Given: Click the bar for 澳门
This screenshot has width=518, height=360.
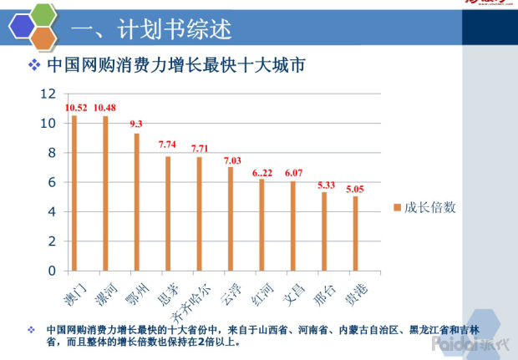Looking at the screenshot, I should coord(74,193).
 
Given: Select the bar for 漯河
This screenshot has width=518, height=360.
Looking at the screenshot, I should coord(105,193).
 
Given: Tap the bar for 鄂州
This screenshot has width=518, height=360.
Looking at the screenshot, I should coord(136,202).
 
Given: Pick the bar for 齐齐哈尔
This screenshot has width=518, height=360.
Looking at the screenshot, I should coord(199,214).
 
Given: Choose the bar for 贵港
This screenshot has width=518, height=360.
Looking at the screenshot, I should coord(355,233).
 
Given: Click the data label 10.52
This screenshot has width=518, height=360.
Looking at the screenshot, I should coord(75,107).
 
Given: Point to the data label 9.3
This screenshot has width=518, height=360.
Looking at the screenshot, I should coord(136,124).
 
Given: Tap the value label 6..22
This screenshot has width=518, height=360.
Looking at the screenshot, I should coord(262,171).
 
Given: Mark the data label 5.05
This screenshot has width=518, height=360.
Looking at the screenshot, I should coord(355,189).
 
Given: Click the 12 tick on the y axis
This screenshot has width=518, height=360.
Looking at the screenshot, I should coord(48,94).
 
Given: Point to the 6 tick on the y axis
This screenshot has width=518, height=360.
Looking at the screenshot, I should coord(52,182).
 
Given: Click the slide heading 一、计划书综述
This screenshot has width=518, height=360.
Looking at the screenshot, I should coord(151,29).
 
